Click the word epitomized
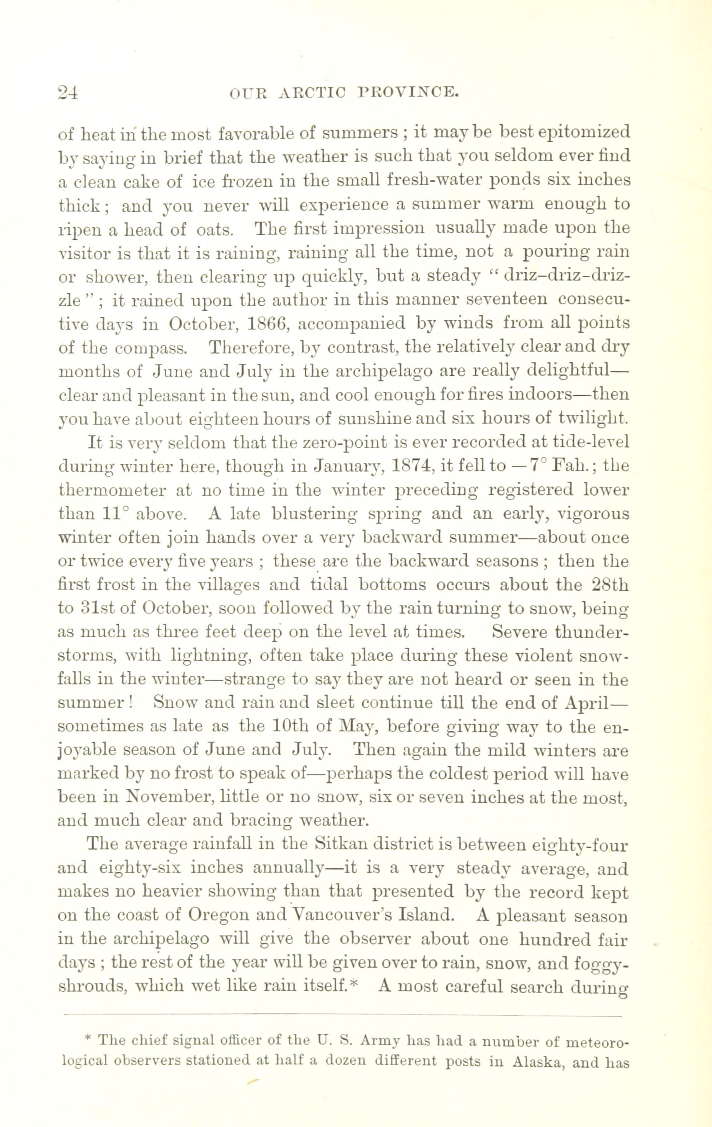pos(576,132)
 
